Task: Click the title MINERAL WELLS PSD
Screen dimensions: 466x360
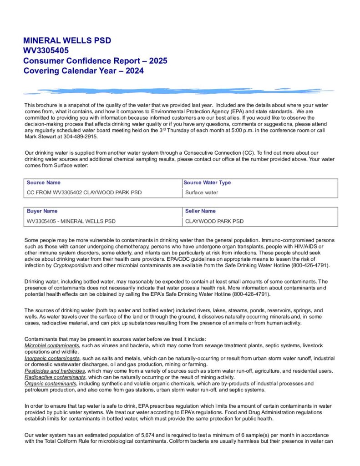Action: [67, 41]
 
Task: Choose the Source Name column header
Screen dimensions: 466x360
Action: [43, 183]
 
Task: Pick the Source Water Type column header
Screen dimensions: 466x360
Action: [207, 183]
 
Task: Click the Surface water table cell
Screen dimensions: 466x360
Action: [202, 192]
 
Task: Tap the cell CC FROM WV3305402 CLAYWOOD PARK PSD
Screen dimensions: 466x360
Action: [84, 192]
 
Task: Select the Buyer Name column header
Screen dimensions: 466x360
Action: [42, 211]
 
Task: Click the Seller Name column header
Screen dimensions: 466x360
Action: [200, 211]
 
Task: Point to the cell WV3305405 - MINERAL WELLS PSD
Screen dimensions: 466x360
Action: [71, 221]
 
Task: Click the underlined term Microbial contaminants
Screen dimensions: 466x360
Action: [52, 346]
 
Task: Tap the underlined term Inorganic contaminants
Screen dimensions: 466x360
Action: [52, 359]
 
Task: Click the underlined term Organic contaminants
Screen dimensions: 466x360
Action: [51, 384]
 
